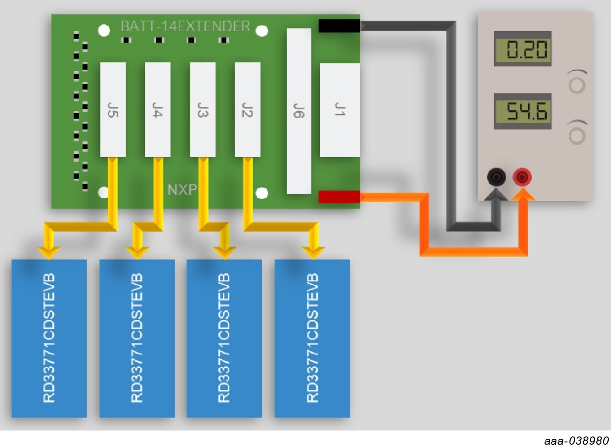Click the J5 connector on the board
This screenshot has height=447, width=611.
pyautogui.click(x=113, y=110)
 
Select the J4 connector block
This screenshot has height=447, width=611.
pyautogui.click(x=158, y=110)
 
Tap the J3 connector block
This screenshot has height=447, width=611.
pyautogui.click(x=203, y=110)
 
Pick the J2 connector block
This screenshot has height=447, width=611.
pyautogui.click(x=248, y=110)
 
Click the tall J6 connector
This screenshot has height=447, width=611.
pyautogui.click(x=299, y=111)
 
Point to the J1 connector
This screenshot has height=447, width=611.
pyautogui.click(x=340, y=110)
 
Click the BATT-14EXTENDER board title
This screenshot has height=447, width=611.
pyautogui.click(x=185, y=26)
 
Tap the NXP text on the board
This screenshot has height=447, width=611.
pyautogui.click(x=182, y=190)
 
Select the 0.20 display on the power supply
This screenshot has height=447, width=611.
pyautogui.click(x=523, y=49)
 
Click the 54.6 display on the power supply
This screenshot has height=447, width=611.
pyautogui.click(x=523, y=111)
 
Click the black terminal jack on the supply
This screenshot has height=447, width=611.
pyautogui.click(x=496, y=177)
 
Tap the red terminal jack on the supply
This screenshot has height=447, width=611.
pyautogui.click(x=522, y=177)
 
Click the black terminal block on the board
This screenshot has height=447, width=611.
pyautogui.click(x=339, y=26)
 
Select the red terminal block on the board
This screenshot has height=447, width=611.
pyautogui.click(x=339, y=196)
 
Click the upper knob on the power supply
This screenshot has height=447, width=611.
pyautogui.click(x=577, y=85)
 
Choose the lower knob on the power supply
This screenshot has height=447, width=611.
pyautogui.click(x=577, y=135)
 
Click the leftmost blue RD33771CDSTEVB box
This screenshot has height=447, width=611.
pyautogui.click(x=49, y=338)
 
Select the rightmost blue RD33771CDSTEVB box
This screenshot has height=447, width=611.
pyautogui.click(x=312, y=338)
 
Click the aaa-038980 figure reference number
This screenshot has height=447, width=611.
pyautogui.click(x=576, y=441)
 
